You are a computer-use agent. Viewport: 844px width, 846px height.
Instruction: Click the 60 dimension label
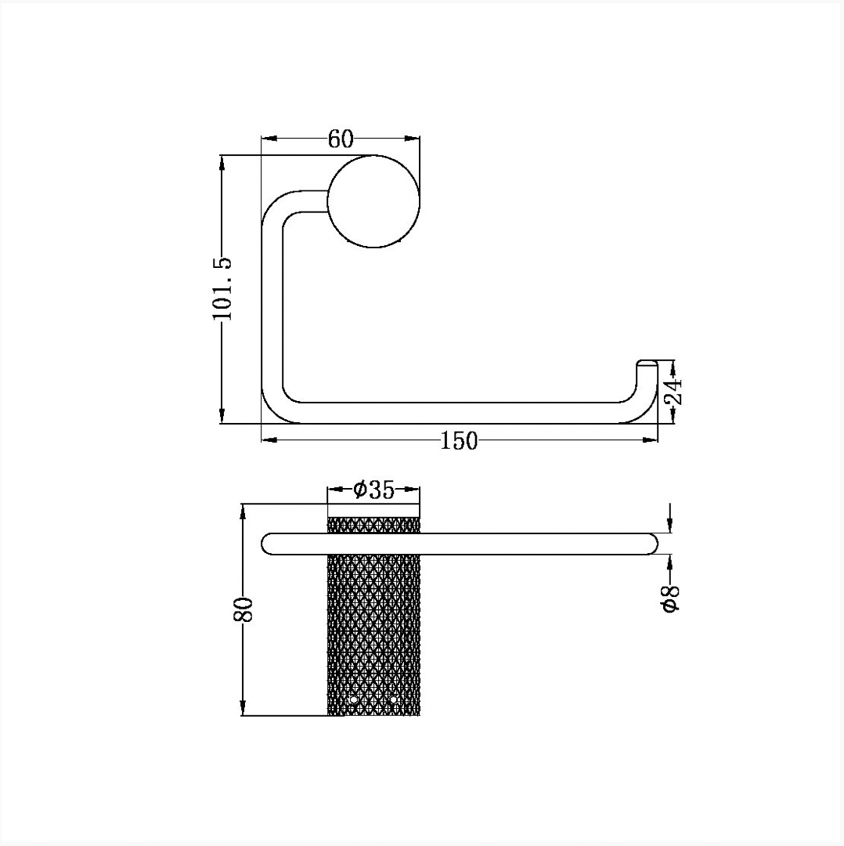[341, 139]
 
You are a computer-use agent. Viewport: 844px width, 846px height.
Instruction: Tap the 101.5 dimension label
[222, 288]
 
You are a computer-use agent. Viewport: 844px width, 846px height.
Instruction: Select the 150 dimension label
[460, 441]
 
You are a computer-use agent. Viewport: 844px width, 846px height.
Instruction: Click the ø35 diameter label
[374, 490]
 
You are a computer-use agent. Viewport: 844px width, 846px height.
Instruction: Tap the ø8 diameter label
[670, 598]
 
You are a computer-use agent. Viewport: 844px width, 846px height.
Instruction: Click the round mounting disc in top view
[373, 201]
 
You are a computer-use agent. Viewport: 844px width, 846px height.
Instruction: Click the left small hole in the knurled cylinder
[354, 700]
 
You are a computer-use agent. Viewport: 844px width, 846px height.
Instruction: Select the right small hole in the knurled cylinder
[393, 700]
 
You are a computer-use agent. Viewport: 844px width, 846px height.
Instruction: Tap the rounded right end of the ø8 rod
[652, 544]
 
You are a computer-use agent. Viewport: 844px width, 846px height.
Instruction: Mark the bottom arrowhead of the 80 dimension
[243, 709]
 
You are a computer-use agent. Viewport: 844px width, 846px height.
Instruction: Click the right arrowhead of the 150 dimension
[651, 441]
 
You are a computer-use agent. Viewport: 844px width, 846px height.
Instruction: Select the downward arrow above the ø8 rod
[670, 518]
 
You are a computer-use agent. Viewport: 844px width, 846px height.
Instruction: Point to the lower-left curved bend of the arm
[275, 410]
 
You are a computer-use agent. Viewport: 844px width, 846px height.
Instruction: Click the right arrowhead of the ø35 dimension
[413, 490]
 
